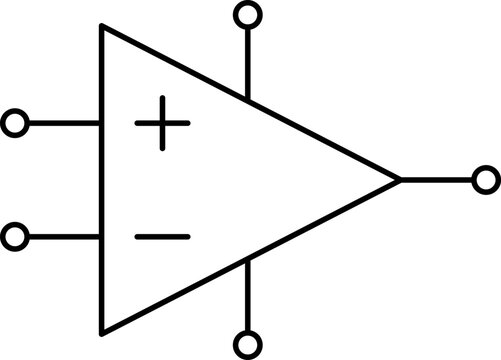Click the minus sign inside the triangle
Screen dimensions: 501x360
(162, 237)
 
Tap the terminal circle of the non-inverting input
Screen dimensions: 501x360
(15, 124)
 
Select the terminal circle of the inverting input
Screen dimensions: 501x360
(15, 238)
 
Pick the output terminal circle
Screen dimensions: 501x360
(486, 180)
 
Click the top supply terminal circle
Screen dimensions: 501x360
(247, 15)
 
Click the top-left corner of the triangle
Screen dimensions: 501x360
(101, 27)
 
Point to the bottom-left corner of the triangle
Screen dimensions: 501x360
(101, 332)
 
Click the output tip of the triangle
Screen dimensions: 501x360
(399, 180)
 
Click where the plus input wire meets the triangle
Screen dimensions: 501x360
(100, 124)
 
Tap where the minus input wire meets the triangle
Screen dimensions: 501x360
(100, 238)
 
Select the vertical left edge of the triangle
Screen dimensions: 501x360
(101, 180)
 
